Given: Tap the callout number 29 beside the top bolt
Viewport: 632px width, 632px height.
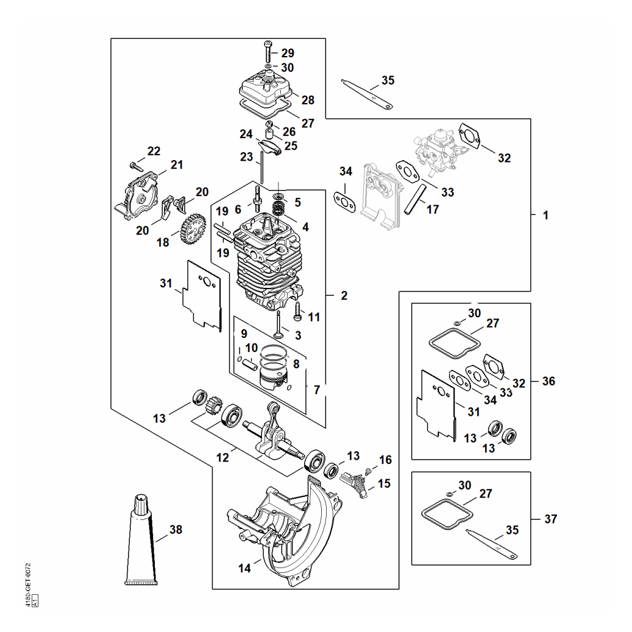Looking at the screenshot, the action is pyautogui.click(x=288, y=53).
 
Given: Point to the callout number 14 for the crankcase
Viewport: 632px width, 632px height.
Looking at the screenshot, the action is pyautogui.click(x=244, y=568).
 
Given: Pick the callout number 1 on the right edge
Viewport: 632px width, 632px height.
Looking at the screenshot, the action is pyautogui.click(x=545, y=216).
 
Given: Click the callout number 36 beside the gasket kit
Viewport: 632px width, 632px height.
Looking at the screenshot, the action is pyautogui.click(x=549, y=381).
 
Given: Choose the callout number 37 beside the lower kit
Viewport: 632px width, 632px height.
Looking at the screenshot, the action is pyautogui.click(x=550, y=519).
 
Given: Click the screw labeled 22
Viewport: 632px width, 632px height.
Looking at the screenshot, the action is pyautogui.click(x=137, y=166).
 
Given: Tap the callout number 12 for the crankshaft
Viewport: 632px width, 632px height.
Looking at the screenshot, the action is pyautogui.click(x=222, y=458).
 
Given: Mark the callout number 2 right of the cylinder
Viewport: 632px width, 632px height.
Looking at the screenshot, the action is pyautogui.click(x=344, y=296).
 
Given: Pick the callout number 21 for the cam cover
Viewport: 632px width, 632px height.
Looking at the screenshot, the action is pyautogui.click(x=177, y=165).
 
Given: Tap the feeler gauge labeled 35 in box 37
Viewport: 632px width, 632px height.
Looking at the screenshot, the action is pyautogui.click(x=492, y=544).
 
